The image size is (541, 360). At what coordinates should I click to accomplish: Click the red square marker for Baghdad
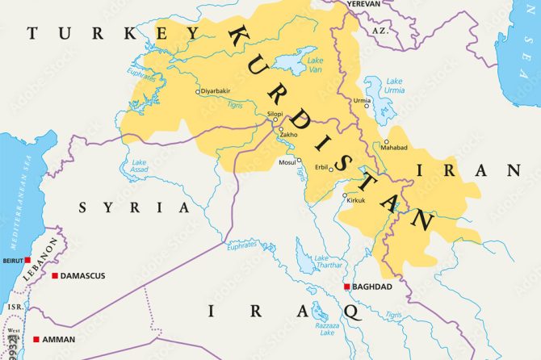pyautogui.click(x=347, y=287)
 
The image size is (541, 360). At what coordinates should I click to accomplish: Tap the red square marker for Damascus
pyautogui.click(x=55, y=276)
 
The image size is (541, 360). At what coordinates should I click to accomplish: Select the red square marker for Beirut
pyautogui.click(x=27, y=260)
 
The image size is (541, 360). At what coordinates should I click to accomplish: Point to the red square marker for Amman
pyautogui.click(x=36, y=339)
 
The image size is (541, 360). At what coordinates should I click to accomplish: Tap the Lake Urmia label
pyautogui.click(x=393, y=86)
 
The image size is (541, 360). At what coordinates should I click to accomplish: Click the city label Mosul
pyautogui.click(x=287, y=161)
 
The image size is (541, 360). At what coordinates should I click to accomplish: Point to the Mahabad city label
pyautogui.click(x=395, y=148)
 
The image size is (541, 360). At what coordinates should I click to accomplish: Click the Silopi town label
pyautogui.click(x=275, y=114)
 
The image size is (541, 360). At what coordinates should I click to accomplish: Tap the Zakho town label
pyautogui.click(x=289, y=134)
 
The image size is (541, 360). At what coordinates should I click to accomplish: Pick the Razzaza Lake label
pyautogui.click(x=327, y=327)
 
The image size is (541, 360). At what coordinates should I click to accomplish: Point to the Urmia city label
pyautogui.click(x=363, y=100)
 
